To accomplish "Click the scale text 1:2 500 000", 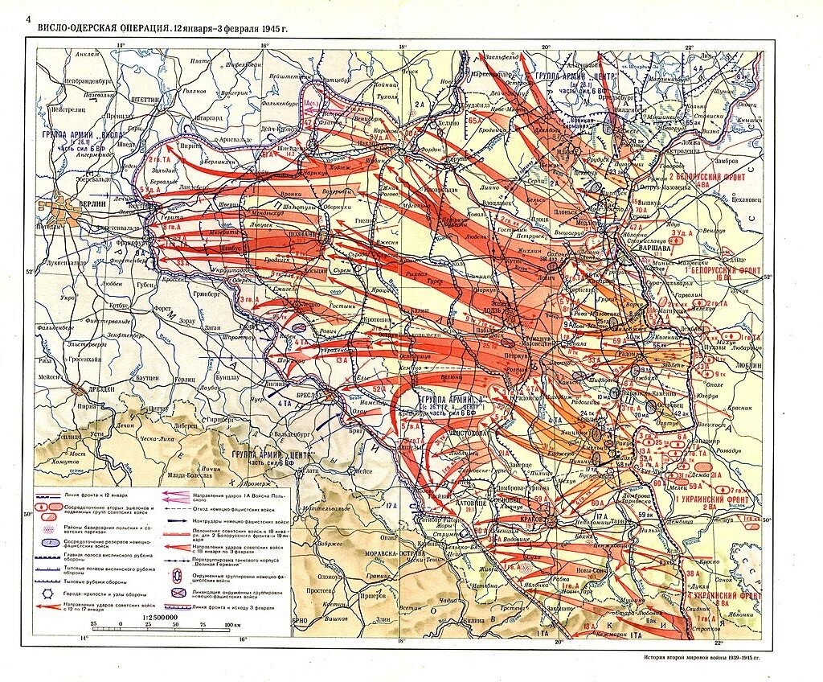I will [160, 617].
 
